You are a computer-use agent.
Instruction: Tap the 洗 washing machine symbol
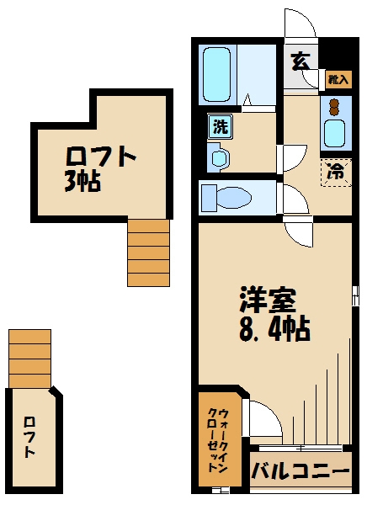pyautogui.click(x=220, y=128)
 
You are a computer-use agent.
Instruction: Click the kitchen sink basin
pyautogui.click(x=335, y=133)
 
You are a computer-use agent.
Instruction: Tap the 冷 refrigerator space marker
pyautogui.click(x=336, y=172)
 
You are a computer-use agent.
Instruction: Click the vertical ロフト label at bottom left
pyautogui.click(x=31, y=438)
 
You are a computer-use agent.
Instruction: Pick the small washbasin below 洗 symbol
pyautogui.click(x=217, y=157)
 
